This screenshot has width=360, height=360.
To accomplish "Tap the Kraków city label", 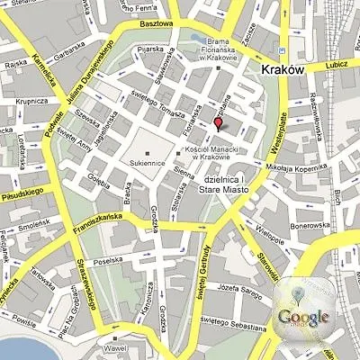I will pos(282,69).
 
